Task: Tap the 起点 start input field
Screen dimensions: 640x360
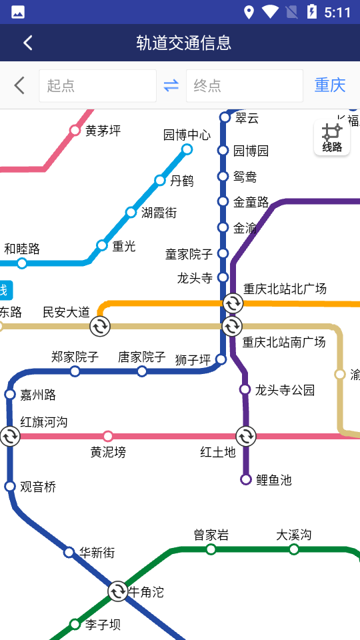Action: [x=97, y=86]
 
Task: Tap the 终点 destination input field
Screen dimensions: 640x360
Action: [x=244, y=86]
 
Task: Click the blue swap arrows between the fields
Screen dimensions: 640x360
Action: [x=171, y=86]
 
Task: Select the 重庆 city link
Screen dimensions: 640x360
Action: [x=330, y=85]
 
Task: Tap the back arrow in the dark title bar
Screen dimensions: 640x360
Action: [x=28, y=43]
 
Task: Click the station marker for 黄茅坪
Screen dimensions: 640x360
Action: [x=75, y=131]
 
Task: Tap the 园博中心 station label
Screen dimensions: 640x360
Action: [x=187, y=135]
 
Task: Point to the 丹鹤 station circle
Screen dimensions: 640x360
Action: [x=160, y=180]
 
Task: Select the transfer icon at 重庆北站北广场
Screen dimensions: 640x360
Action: [x=233, y=303]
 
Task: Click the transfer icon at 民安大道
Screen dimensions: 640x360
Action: [x=100, y=326]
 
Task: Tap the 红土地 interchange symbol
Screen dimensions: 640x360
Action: [x=245, y=436]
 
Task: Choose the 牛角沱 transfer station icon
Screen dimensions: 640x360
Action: [x=118, y=591]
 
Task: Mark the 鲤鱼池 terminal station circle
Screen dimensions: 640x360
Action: [x=245, y=479]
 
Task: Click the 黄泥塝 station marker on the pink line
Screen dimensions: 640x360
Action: [x=108, y=436]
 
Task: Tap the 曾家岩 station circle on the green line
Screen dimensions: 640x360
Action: [x=211, y=549]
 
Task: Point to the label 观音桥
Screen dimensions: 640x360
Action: [x=38, y=487]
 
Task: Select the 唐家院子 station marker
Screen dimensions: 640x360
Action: [x=142, y=371]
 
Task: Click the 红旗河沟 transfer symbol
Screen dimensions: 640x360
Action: [x=10, y=436]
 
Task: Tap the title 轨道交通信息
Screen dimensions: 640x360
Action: [x=184, y=43]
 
